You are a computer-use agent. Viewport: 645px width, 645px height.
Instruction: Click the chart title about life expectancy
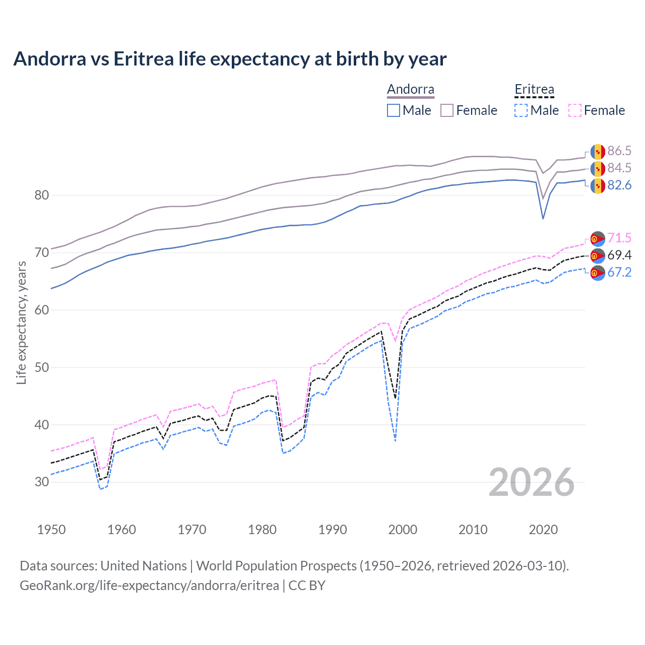click(230, 59)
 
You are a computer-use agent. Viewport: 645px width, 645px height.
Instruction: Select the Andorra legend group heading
click(410, 90)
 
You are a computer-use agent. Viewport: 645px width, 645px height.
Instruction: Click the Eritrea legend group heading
click(534, 90)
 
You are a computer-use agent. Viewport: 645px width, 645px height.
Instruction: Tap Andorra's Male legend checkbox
click(394, 110)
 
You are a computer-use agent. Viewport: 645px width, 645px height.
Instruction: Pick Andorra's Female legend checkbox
click(447, 110)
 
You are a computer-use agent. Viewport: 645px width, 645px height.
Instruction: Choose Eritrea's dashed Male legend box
click(521, 110)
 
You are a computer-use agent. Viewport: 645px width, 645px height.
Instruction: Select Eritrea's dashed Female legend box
click(575, 110)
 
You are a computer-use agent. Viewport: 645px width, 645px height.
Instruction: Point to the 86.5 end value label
click(619, 151)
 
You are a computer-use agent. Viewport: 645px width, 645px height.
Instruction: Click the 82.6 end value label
click(619, 185)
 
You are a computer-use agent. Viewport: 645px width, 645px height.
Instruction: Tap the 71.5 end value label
click(619, 238)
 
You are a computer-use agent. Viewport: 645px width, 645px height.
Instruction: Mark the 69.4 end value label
click(619, 255)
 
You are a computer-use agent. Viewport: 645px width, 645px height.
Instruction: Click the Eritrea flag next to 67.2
click(598, 273)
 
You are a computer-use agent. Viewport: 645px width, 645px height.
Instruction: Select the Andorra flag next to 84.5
click(598, 168)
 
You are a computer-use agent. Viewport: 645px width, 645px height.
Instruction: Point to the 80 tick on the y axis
click(42, 195)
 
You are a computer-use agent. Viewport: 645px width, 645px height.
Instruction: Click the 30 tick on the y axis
click(42, 482)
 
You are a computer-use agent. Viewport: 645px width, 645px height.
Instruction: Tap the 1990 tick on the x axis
click(333, 530)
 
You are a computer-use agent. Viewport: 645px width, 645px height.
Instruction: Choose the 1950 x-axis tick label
click(51, 530)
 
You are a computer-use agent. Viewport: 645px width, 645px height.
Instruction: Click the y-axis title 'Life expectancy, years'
click(21, 323)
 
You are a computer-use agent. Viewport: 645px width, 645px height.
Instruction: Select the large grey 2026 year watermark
click(531, 482)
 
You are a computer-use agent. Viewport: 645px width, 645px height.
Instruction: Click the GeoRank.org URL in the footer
click(149, 586)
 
